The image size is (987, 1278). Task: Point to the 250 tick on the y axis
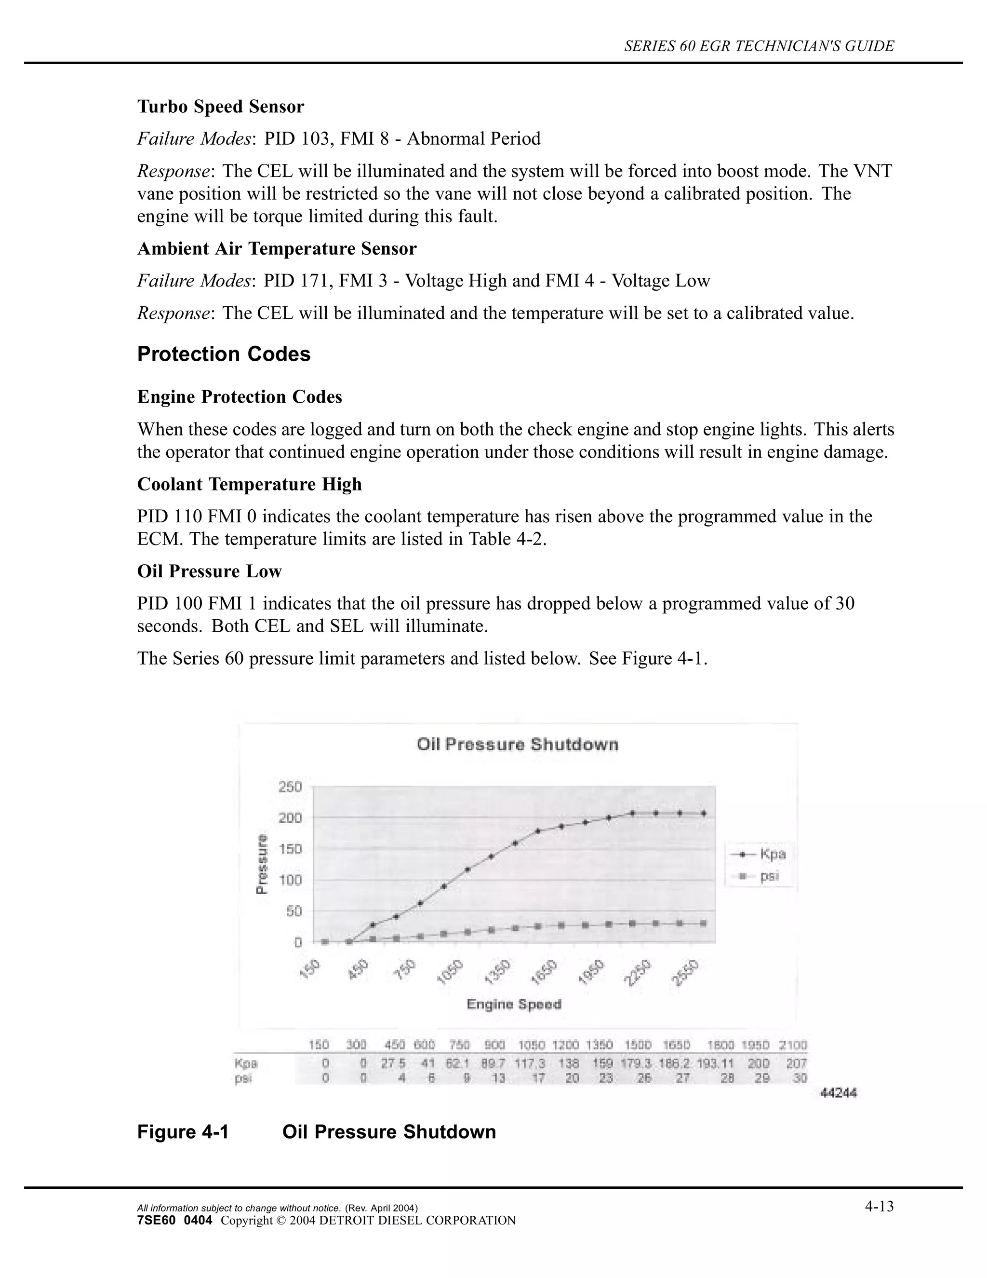[x=290, y=787]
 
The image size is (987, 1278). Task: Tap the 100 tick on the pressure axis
[x=290, y=880]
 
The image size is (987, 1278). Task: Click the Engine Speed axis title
[x=514, y=1005]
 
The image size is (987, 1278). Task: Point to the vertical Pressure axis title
[x=263, y=864]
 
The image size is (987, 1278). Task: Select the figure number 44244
[x=839, y=1092]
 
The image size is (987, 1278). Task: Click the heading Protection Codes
[x=223, y=354]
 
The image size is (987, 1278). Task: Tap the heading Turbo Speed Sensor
[x=220, y=107]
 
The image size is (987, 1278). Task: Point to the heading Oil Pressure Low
[x=209, y=571]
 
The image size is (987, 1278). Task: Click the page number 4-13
[x=880, y=1206]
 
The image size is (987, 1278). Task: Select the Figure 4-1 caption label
[x=183, y=1132]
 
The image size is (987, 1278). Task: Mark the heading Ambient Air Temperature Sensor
[x=277, y=249]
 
